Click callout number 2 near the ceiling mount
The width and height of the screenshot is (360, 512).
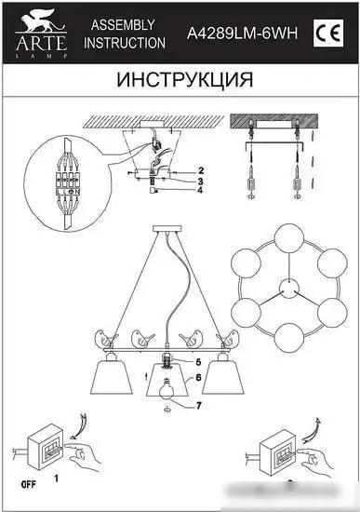(x=199, y=169)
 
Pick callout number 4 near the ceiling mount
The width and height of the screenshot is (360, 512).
(x=199, y=191)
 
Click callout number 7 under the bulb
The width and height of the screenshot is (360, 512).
(x=198, y=404)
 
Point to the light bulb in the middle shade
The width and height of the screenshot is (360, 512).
(x=167, y=389)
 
